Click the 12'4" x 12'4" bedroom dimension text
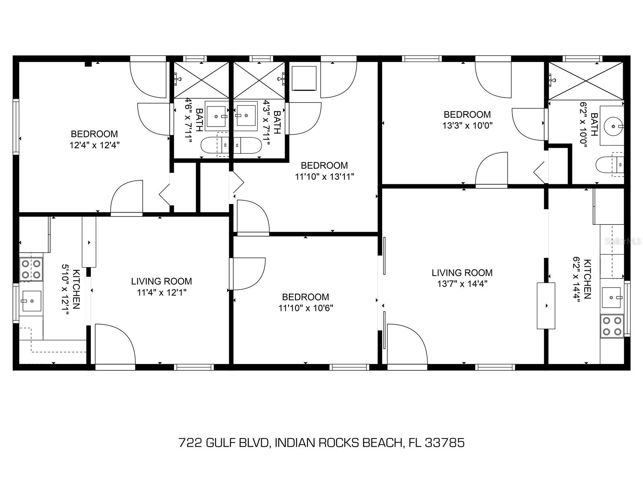click(94, 145)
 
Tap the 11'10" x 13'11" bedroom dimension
click(325, 177)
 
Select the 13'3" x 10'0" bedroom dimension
click(467, 126)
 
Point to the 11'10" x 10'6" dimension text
click(306, 308)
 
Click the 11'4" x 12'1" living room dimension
click(162, 292)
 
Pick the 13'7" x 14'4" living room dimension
click(462, 284)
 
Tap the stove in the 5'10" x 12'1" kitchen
click(31, 269)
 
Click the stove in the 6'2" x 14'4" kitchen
click(612, 326)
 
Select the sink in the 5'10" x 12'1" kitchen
click(32, 301)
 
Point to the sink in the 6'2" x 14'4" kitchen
click(611, 297)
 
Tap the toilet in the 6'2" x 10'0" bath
click(609, 164)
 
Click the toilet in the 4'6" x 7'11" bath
click(215, 145)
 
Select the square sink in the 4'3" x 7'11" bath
click(245, 116)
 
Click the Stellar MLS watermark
click(623, 241)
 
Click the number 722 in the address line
click(190, 443)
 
